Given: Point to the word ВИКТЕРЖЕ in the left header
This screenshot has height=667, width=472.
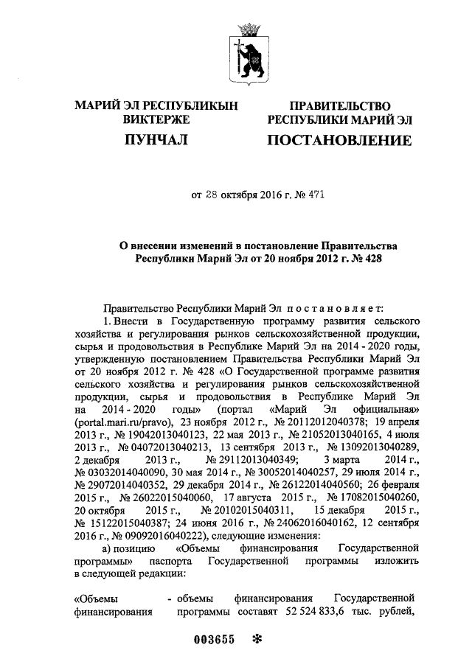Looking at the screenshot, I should click(x=156, y=119).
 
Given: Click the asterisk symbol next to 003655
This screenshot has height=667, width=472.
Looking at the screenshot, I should click(x=257, y=639).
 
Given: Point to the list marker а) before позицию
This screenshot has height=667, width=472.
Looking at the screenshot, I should click(x=110, y=548).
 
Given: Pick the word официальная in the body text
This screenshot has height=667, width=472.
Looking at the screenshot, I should click(x=383, y=411).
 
